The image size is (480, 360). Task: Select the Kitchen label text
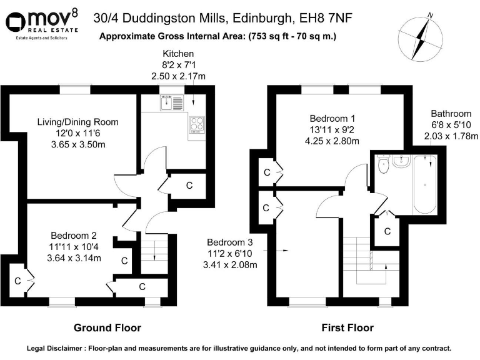click(178, 54)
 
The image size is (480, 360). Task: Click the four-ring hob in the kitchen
click(197, 125)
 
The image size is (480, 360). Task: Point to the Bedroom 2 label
click(74, 236)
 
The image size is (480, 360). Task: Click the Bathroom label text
click(450, 114)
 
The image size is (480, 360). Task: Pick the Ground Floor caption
click(107, 327)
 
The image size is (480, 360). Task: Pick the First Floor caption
click(347, 327)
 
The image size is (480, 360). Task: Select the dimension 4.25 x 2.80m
click(332, 141)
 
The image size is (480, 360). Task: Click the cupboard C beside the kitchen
click(189, 186)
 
